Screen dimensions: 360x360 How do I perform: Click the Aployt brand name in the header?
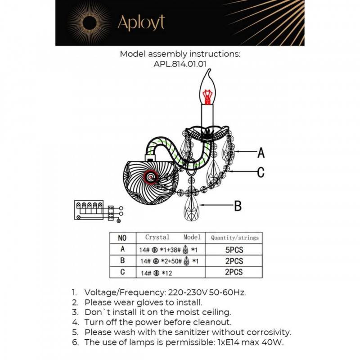(141, 22)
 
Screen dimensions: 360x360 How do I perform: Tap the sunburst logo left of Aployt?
(89, 22)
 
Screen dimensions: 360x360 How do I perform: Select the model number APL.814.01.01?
(180, 64)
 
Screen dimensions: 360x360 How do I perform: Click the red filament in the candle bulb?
(207, 96)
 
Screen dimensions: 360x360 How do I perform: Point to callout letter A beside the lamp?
(261, 153)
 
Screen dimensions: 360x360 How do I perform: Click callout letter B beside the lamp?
(238, 207)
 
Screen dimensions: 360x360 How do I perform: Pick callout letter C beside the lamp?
(261, 172)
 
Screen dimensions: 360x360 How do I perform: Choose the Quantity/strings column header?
(235, 238)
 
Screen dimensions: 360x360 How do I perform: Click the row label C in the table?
(122, 272)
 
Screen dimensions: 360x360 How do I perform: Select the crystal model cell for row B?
(170, 261)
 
